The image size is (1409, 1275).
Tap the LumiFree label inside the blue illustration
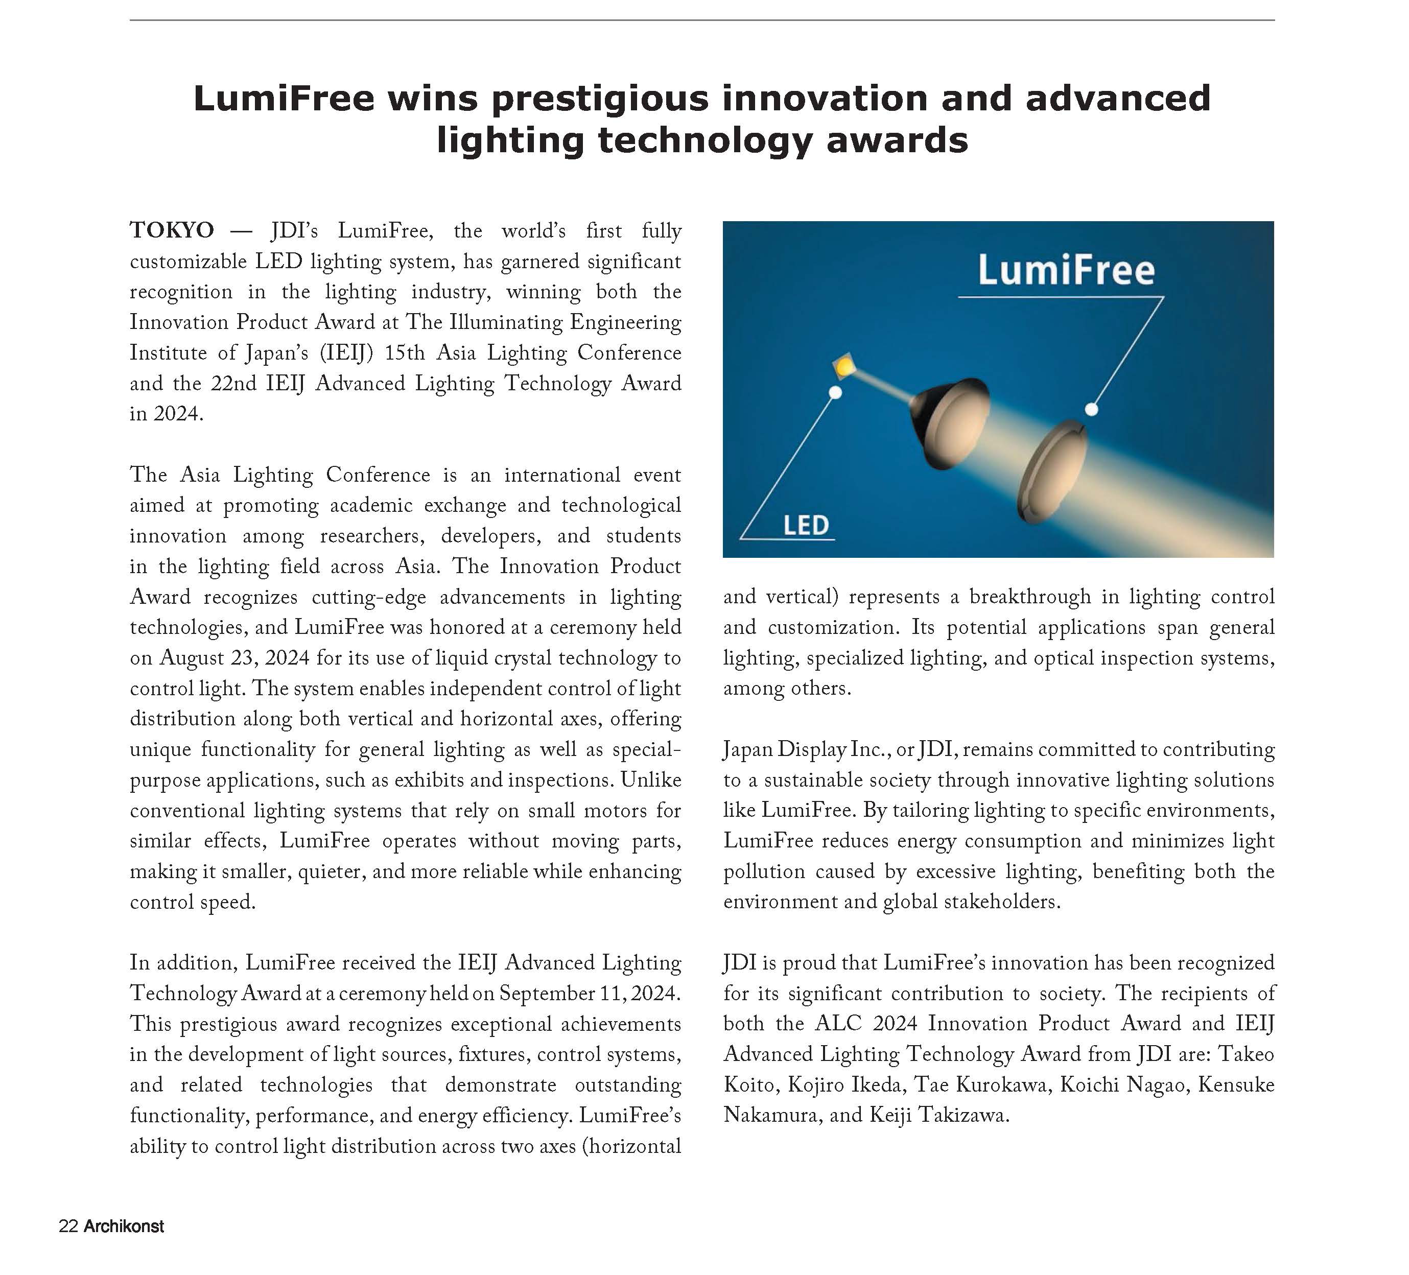pos(1066,271)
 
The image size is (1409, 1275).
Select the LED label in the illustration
pos(806,525)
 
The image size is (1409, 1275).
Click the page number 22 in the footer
pos(68,1226)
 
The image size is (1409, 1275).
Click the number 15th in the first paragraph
pos(404,352)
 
